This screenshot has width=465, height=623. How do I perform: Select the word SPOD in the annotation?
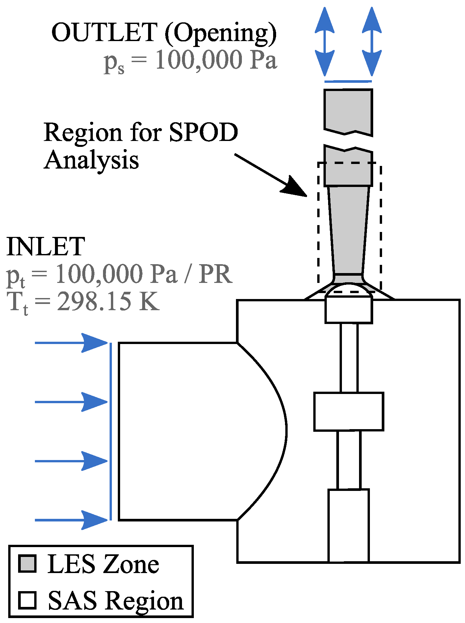coord(203,133)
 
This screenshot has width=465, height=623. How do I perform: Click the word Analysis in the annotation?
coord(91,161)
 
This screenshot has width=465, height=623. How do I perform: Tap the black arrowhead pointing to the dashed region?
coord(294,188)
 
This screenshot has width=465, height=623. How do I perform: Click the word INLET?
coord(46,246)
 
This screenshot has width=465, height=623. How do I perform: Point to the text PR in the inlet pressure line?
coord(216,274)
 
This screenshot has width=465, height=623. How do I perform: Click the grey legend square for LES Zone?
coord(27,564)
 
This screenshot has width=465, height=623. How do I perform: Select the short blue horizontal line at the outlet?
coord(348,81)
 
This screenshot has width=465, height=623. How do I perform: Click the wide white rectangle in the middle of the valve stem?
coord(349,411)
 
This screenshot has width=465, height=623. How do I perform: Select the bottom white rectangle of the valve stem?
coord(349,525)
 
